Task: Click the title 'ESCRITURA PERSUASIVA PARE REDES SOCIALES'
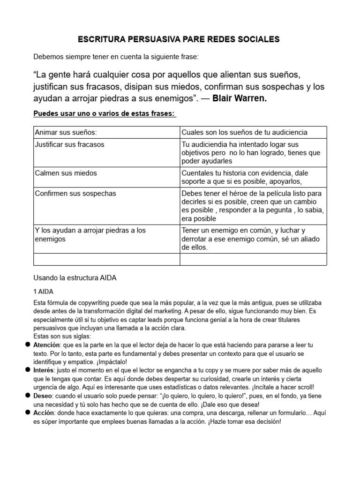(x=180, y=39)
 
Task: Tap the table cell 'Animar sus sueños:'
(x=66, y=133)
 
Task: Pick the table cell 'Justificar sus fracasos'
(x=70, y=144)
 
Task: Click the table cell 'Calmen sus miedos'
(x=66, y=173)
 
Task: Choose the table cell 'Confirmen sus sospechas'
(x=75, y=193)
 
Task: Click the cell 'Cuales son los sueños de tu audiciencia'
(x=244, y=133)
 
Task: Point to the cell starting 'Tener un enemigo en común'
(x=250, y=239)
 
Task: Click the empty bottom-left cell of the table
(x=106, y=259)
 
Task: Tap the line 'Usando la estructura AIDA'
(x=75, y=277)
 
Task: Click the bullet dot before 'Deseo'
(x=28, y=395)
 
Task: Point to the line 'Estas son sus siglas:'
(x=62, y=336)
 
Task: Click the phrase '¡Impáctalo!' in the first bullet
(x=111, y=361)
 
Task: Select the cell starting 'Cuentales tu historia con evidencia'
(x=245, y=177)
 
